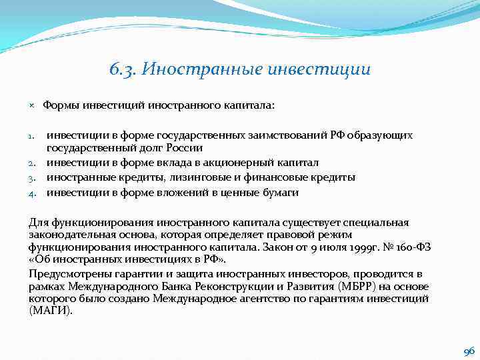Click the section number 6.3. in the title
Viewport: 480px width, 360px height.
(x=122, y=69)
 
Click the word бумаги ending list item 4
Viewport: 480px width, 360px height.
(x=281, y=192)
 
